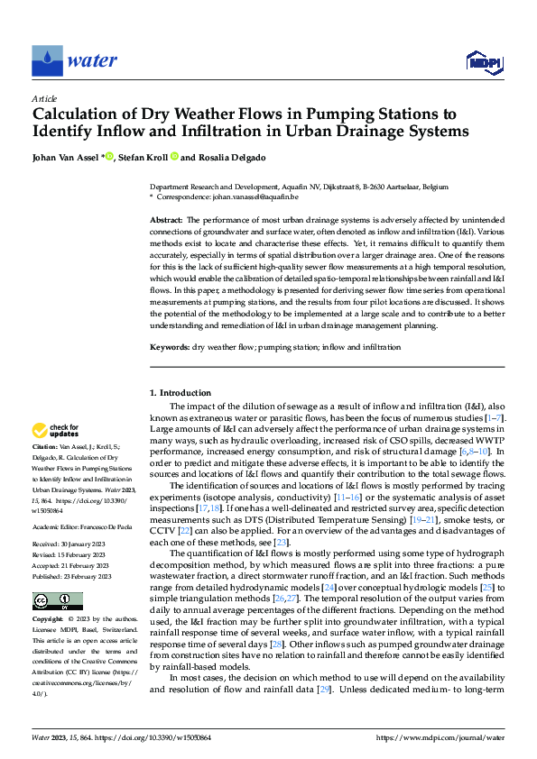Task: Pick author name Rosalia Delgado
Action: click(x=233, y=157)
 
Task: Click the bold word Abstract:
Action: click(x=165, y=220)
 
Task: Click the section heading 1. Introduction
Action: click(x=180, y=393)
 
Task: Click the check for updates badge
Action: click(x=56, y=430)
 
